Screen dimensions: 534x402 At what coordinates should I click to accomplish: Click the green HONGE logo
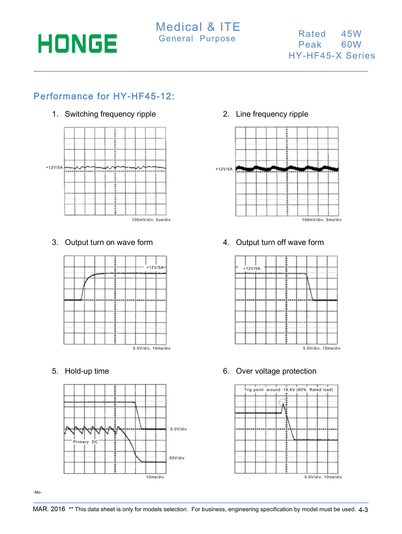click(x=78, y=44)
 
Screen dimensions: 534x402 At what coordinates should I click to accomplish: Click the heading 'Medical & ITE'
click(x=198, y=27)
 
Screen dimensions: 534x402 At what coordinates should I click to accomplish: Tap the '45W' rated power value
click(x=351, y=34)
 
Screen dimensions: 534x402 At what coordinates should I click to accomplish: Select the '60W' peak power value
click(x=351, y=44)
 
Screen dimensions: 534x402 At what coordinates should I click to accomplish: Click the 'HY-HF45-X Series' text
click(x=332, y=56)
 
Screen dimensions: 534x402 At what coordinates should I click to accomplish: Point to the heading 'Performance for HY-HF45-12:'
click(x=104, y=96)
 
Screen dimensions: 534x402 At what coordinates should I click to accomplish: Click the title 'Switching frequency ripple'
click(x=110, y=114)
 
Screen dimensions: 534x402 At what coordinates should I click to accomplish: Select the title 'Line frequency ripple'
click(x=272, y=114)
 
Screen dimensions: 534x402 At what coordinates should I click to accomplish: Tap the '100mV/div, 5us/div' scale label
click(x=151, y=220)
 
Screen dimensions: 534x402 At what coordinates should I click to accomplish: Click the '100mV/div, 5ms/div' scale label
click(x=322, y=220)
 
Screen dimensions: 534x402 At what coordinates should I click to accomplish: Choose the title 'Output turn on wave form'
click(x=109, y=242)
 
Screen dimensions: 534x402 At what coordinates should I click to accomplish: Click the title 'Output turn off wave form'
click(x=280, y=242)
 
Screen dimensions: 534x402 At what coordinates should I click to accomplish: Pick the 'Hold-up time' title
click(x=87, y=371)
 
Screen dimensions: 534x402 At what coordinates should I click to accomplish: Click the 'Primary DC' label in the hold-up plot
click(x=85, y=442)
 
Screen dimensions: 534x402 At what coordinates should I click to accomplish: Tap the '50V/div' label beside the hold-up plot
click(x=177, y=458)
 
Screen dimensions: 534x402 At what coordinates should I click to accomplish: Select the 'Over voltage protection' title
click(x=276, y=371)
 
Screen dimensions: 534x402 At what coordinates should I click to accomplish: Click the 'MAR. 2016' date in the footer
click(x=49, y=509)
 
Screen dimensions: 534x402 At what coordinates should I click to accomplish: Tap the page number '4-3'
click(x=363, y=510)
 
